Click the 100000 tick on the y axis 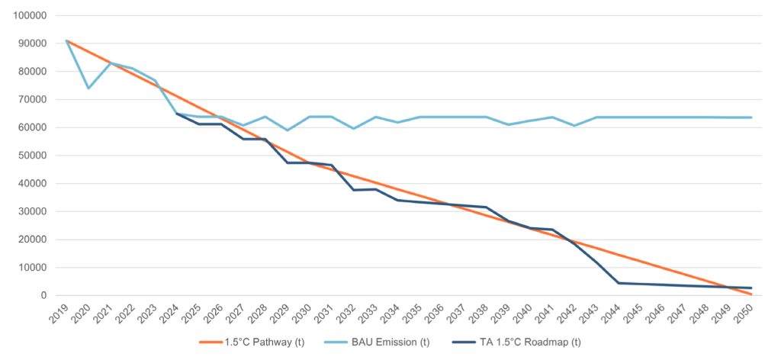(x=31, y=15)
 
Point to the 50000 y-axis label (x=33, y=156)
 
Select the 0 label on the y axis (x=43, y=296)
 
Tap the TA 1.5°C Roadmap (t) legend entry (x=536, y=342)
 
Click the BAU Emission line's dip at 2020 (x=88, y=88)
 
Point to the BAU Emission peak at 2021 (x=111, y=63)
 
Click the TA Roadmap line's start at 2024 (x=177, y=114)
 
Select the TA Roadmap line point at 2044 (x=619, y=283)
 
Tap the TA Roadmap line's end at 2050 (x=751, y=288)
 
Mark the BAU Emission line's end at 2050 (x=751, y=117)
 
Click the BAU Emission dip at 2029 (x=288, y=130)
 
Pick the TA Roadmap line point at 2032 (x=354, y=190)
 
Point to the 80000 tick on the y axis (x=33, y=72)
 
